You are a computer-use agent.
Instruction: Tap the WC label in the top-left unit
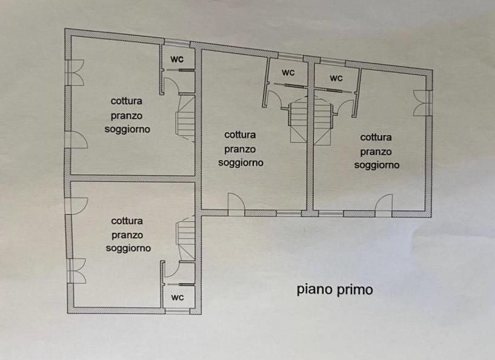point(178,59)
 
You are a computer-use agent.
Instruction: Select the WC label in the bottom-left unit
point(178,298)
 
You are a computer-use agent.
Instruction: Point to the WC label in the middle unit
point(288,73)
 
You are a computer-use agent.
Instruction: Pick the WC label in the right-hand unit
point(336,78)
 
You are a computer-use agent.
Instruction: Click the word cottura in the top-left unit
point(127,101)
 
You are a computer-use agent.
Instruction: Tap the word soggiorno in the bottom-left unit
point(128,248)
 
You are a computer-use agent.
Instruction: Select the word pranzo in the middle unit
point(240,149)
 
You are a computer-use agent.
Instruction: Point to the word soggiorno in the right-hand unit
point(376,165)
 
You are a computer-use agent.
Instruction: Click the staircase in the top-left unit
point(186,117)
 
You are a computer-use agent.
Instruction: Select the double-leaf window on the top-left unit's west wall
point(75,73)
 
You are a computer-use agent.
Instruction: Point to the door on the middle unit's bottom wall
point(236,204)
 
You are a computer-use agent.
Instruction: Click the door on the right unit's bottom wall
point(383,205)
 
